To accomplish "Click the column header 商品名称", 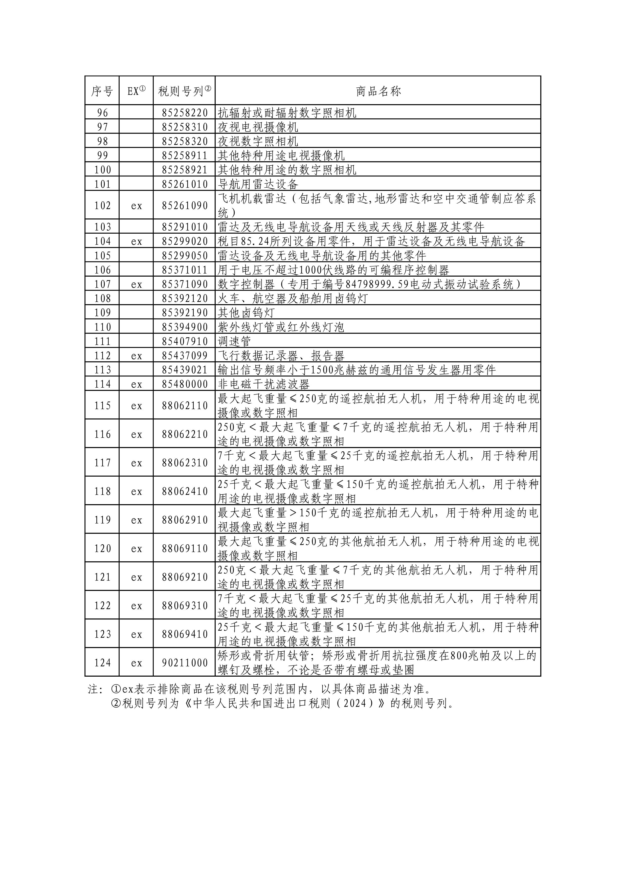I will pyautogui.click(x=378, y=92).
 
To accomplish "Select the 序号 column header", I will pyautogui.click(x=102, y=92).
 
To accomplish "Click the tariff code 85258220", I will pyautogui.click(x=185, y=113).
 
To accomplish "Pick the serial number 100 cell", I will pyautogui.click(x=102, y=170).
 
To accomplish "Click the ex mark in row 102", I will pyautogui.click(x=136, y=206).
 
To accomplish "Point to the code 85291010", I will pyautogui.click(x=185, y=227).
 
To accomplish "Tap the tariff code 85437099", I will pyautogui.click(x=185, y=356).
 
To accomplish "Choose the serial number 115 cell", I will pyautogui.click(x=102, y=406).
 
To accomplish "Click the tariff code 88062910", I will pyautogui.click(x=185, y=520).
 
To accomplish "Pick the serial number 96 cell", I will pyautogui.click(x=102, y=113).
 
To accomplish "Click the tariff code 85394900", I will pyautogui.click(x=185, y=327).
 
